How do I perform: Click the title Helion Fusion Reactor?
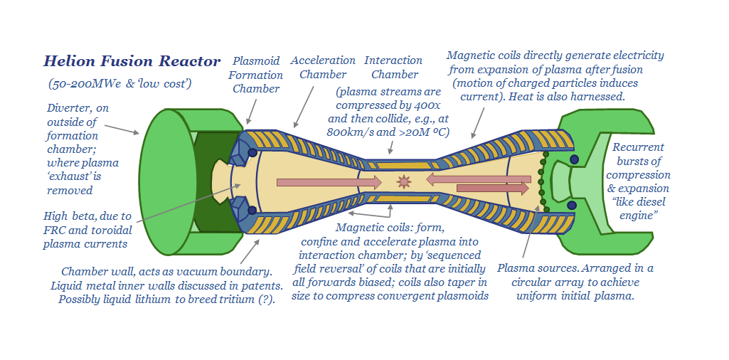point(132,61)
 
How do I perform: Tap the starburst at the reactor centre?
point(404,182)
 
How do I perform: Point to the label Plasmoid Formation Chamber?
point(256,75)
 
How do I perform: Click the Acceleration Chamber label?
point(323,68)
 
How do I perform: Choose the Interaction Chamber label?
point(393,68)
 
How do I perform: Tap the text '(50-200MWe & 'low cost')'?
point(120,83)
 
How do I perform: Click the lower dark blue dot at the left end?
point(252,211)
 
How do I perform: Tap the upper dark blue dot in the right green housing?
point(574,159)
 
